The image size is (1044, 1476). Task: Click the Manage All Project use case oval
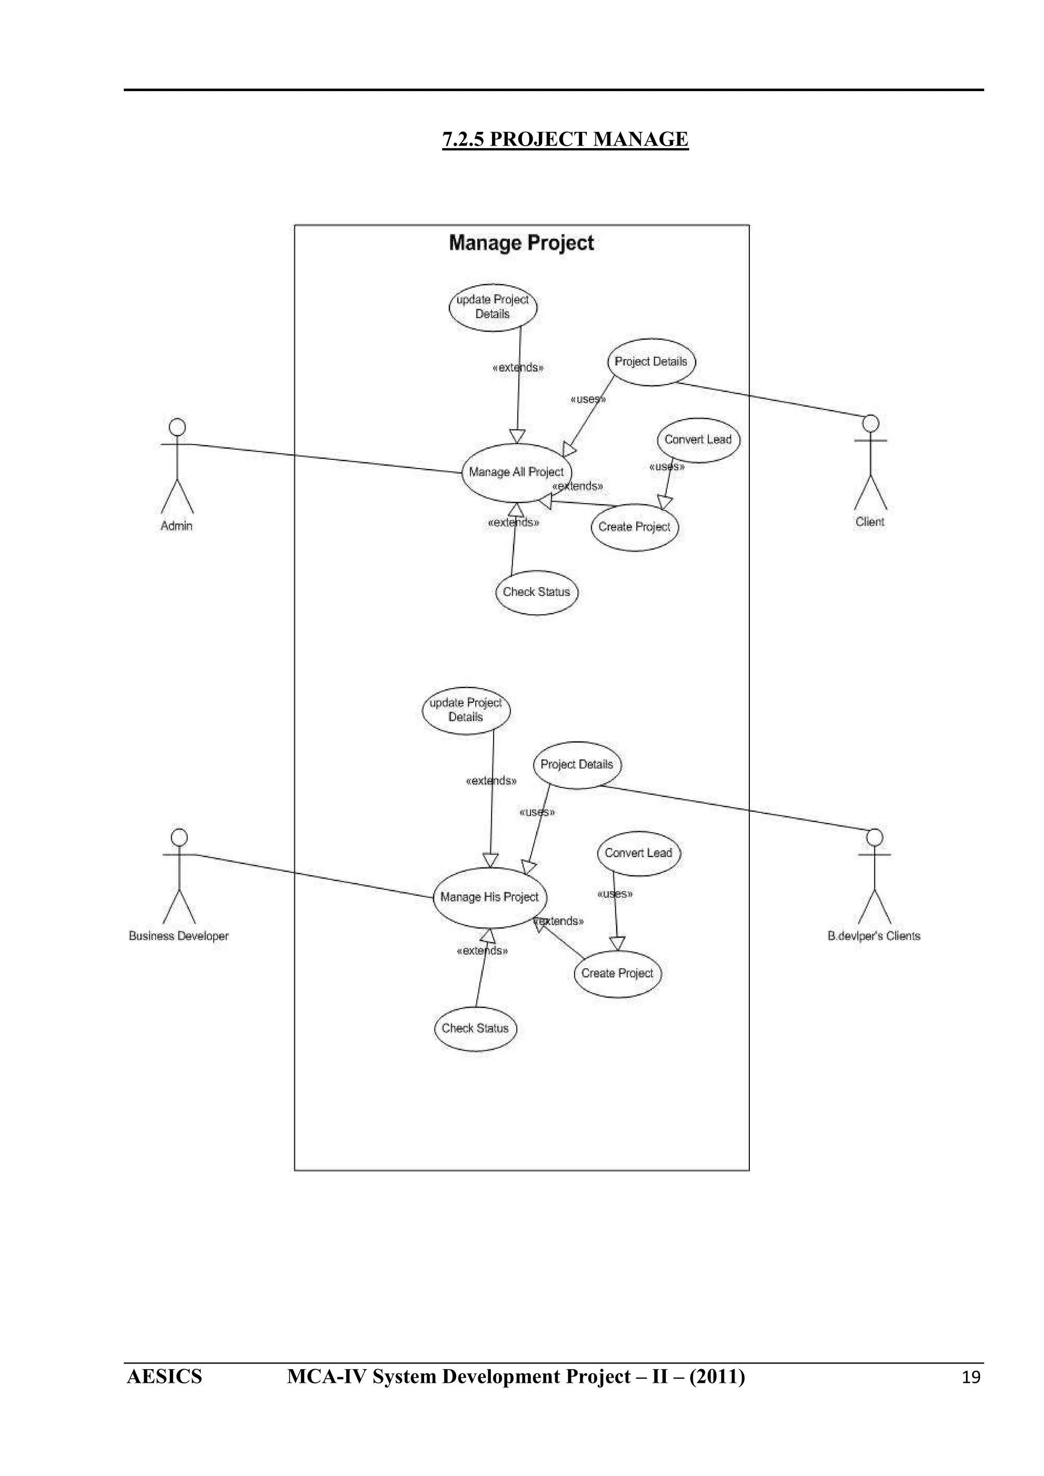click(x=516, y=473)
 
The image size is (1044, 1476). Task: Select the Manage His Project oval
click(x=489, y=897)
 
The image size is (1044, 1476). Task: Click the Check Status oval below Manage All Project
click(x=536, y=592)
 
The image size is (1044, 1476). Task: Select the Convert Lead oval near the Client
click(x=698, y=440)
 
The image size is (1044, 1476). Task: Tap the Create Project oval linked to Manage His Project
click(x=617, y=973)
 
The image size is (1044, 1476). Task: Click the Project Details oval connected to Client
click(x=651, y=362)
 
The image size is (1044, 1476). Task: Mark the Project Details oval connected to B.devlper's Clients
click(x=577, y=764)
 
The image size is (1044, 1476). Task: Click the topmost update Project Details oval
click(x=493, y=307)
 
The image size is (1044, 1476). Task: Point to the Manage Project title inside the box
click(x=521, y=243)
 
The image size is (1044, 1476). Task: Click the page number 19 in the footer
click(x=971, y=1378)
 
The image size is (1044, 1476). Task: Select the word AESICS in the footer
click(x=165, y=1377)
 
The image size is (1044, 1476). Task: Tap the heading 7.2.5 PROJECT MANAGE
click(x=565, y=140)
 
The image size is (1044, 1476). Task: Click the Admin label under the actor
click(x=177, y=526)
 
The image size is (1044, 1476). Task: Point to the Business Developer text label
click(x=179, y=936)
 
